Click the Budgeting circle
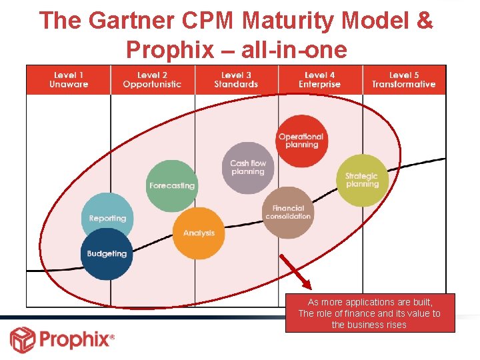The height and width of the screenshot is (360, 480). tap(107, 254)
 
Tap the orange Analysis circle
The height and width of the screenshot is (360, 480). tap(199, 233)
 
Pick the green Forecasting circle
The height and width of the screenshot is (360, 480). tap(171, 185)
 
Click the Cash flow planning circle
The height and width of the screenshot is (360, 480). tap(247, 167)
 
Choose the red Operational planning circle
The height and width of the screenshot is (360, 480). tap(301, 141)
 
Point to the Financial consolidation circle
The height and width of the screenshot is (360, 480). tap(288, 213)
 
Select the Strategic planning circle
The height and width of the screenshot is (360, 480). tap(362, 180)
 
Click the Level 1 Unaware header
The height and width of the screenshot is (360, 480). tap(68, 80)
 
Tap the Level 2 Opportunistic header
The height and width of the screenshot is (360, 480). tap(152, 80)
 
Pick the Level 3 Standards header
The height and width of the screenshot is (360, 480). tap(236, 80)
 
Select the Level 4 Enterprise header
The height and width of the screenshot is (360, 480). tap(319, 80)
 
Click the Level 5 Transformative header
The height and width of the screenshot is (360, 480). tap(403, 80)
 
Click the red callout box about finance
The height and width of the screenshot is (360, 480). tap(369, 313)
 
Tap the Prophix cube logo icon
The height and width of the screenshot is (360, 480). tap(22, 339)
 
